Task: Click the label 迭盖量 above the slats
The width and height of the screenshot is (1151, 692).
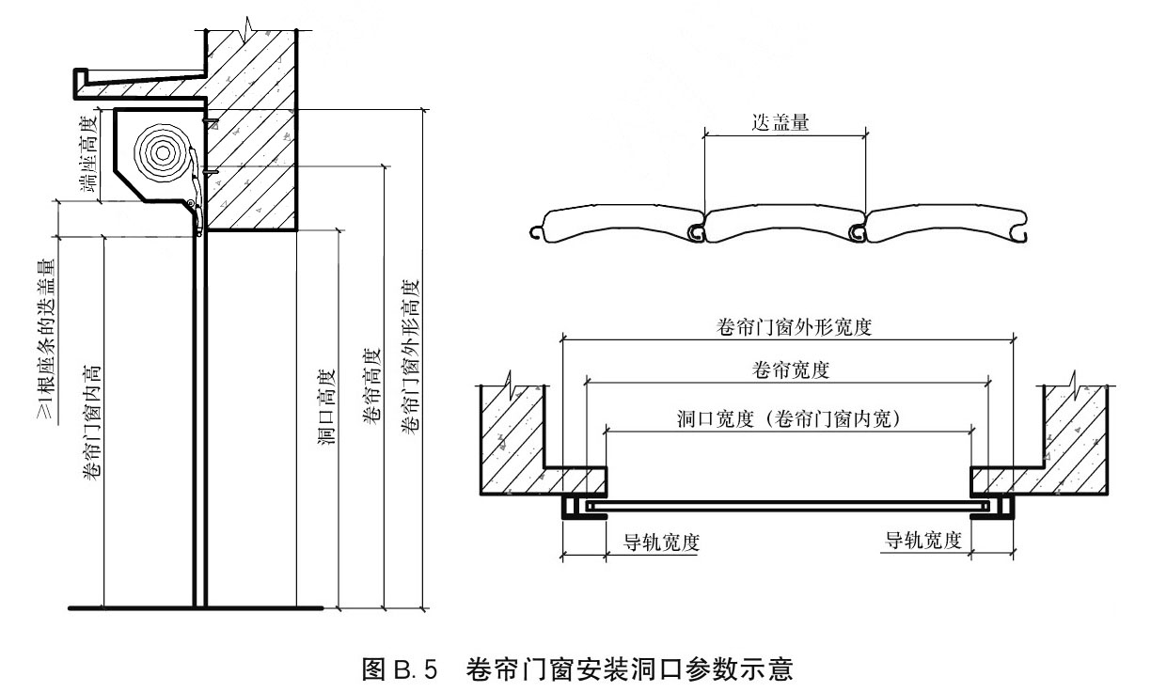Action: coord(780,122)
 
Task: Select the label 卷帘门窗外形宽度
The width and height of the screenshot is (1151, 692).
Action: coord(794,327)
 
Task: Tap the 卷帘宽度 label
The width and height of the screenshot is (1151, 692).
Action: coord(790,370)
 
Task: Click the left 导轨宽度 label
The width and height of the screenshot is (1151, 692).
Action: coord(661,543)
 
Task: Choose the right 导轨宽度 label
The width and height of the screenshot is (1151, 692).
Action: coord(922,541)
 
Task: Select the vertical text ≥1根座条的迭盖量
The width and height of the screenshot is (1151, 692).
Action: coord(46,340)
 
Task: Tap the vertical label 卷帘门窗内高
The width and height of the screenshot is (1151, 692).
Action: coord(92,424)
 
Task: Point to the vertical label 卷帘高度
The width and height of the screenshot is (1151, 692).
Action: coord(372,386)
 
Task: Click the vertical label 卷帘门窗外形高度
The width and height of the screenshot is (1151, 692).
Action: coord(410,357)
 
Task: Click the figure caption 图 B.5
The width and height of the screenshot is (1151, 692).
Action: coord(400,669)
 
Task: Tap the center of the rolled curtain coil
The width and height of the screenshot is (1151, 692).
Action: coord(163,152)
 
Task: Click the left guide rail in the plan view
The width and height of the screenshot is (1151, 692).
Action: coord(584,507)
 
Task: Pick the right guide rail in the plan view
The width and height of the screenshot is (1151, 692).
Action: coord(992,507)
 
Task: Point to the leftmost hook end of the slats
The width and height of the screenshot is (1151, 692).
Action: coord(535,233)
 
